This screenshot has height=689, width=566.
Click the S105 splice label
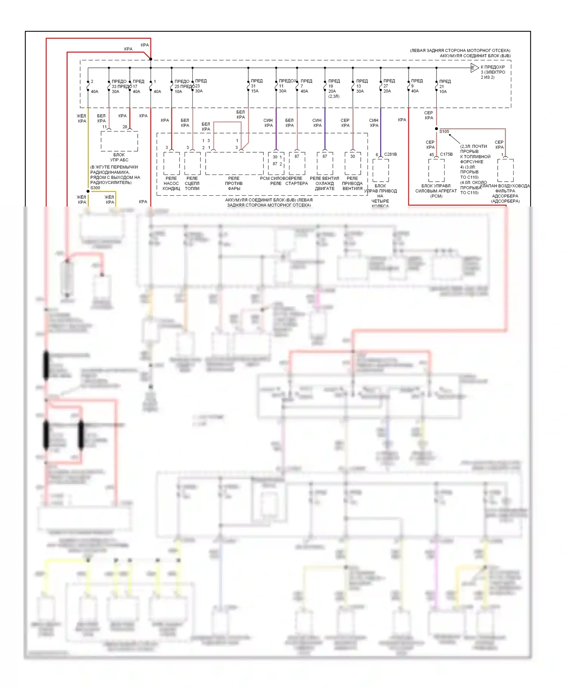[444, 132]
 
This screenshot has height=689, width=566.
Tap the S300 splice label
[95, 188]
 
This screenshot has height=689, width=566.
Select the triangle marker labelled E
[474, 68]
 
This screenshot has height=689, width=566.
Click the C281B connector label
[391, 154]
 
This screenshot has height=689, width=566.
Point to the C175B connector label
[446, 154]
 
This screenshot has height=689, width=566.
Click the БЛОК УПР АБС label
[119, 157]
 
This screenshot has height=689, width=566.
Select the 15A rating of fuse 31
[255, 91]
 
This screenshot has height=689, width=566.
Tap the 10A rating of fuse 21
[443, 92]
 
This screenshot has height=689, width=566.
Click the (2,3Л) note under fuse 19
[334, 96]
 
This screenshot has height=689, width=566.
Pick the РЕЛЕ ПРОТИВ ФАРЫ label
[234, 183]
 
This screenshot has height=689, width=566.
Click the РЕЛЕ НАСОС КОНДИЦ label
[171, 183]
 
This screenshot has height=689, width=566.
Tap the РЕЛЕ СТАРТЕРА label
[297, 181]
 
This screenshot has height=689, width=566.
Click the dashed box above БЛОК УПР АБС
[119, 141]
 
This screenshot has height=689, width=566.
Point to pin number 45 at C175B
[431, 155]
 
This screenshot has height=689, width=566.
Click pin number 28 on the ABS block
[125, 127]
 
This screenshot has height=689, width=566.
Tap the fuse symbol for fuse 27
[381, 87]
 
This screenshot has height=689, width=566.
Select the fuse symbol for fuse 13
[353, 87]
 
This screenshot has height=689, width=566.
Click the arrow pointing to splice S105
[454, 138]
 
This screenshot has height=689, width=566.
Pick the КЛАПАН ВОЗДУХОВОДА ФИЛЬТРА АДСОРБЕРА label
[505, 193]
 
